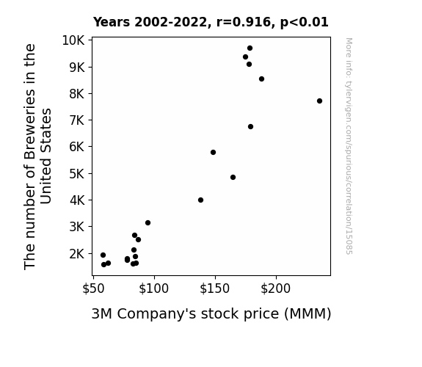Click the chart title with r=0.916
point(211,22)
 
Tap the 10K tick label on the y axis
point(73,40)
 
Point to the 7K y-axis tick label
point(77,120)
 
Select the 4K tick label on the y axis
point(77,200)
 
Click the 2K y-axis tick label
point(77,254)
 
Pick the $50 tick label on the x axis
point(93,288)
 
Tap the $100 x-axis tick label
point(153,288)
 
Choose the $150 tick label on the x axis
point(215,288)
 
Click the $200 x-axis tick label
point(276,288)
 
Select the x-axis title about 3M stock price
point(211,314)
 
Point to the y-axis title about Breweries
point(37,156)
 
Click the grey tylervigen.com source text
point(349,146)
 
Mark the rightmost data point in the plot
point(319,101)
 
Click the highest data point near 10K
point(250,48)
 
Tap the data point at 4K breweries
point(200,200)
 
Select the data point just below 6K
point(213,153)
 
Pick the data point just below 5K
point(233,177)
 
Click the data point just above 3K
point(148,222)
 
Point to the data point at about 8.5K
point(261,79)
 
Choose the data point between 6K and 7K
point(250,126)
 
